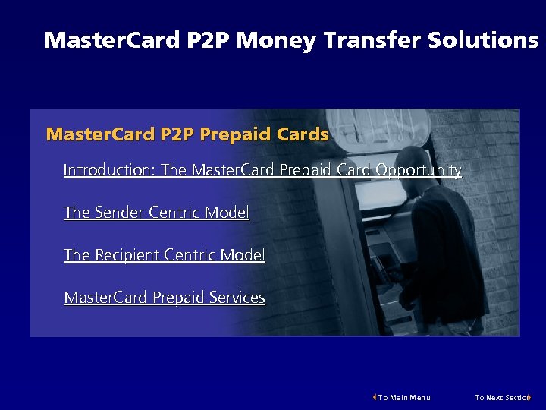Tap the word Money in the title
[275, 40]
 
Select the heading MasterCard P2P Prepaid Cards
[187, 135]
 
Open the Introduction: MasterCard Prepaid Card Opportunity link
[262, 170]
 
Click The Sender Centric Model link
[156, 213]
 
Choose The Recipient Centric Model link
[165, 255]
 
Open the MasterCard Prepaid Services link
[165, 298]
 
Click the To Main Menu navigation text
[404, 397]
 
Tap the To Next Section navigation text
[501, 397]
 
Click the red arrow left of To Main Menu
[375, 397]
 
